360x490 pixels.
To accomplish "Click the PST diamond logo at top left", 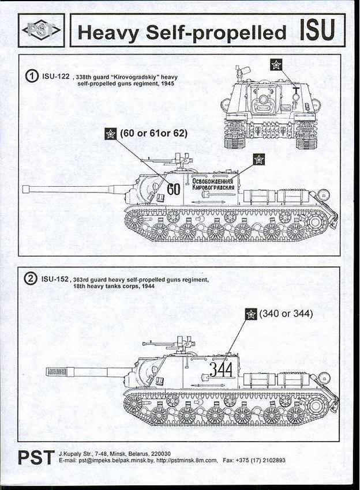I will click(x=40, y=30).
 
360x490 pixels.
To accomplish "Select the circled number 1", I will click(x=33, y=76).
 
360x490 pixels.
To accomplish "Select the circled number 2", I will click(x=32, y=280).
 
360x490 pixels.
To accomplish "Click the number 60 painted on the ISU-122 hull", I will click(x=174, y=189).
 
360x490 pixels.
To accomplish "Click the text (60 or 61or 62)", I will click(x=153, y=133).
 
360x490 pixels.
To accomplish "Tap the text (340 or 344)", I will click(x=286, y=314).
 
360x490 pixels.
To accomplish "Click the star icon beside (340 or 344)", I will click(x=251, y=314).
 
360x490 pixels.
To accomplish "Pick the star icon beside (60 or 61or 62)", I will click(x=110, y=134).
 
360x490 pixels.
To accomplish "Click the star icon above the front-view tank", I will click(x=276, y=65).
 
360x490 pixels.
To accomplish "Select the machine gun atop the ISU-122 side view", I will click(x=177, y=156).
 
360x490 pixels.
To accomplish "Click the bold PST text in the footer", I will click(x=36, y=457).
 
